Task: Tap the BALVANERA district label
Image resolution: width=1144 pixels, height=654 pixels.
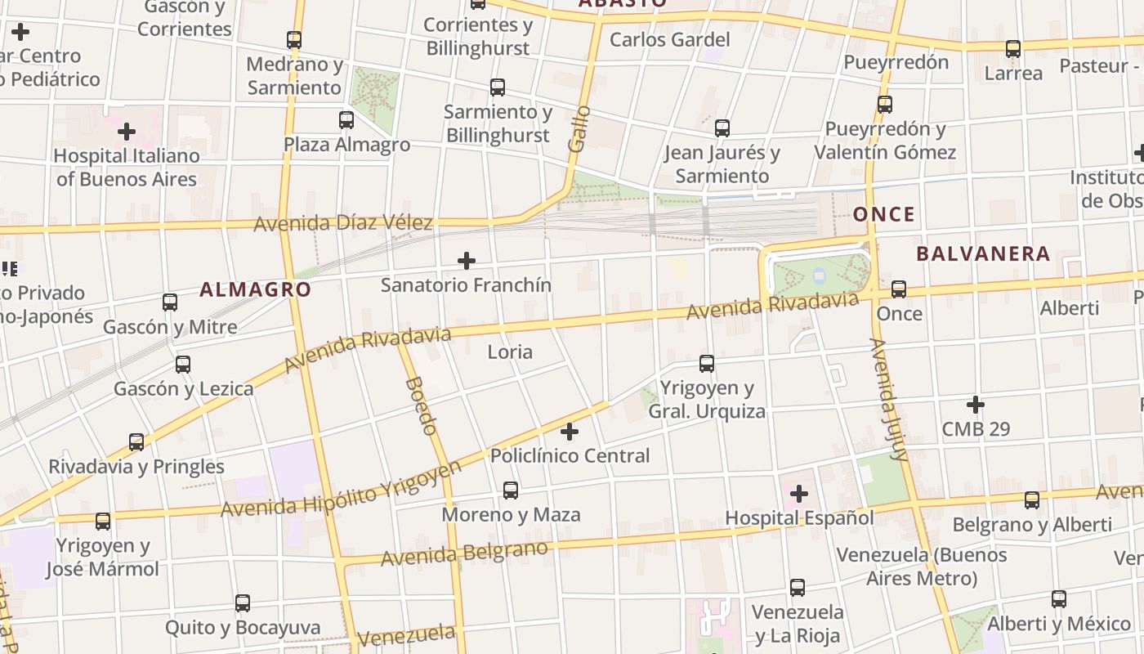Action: coord(982,253)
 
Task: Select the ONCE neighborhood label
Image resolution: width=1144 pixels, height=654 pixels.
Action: coord(884,214)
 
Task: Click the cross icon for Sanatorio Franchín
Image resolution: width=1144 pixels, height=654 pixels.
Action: coord(467,261)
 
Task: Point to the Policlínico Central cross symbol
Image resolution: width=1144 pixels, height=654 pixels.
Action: coord(570,431)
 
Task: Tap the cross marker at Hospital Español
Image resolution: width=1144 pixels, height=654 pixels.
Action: coord(799,494)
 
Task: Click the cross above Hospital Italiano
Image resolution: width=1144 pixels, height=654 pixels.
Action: coord(127,131)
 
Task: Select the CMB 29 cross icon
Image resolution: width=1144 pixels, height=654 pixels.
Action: coord(975,404)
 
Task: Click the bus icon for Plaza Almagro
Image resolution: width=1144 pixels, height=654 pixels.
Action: coord(346,120)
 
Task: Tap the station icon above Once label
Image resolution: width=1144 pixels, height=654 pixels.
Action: coord(899,289)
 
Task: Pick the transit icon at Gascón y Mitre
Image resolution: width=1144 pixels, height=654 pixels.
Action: coord(170,302)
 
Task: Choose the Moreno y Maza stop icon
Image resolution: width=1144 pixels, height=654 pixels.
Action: coord(511,490)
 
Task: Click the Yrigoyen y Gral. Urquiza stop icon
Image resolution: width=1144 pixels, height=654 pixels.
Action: coord(707,364)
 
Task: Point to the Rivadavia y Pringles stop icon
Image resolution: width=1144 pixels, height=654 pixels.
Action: coord(136,442)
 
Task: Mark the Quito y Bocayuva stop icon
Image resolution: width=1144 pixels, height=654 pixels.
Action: coord(243,603)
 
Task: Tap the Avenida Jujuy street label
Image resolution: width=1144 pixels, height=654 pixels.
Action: coord(888,399)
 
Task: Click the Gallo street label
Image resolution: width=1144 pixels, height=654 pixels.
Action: coord(579,128)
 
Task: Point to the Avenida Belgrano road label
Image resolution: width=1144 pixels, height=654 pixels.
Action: coord(463,553)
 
